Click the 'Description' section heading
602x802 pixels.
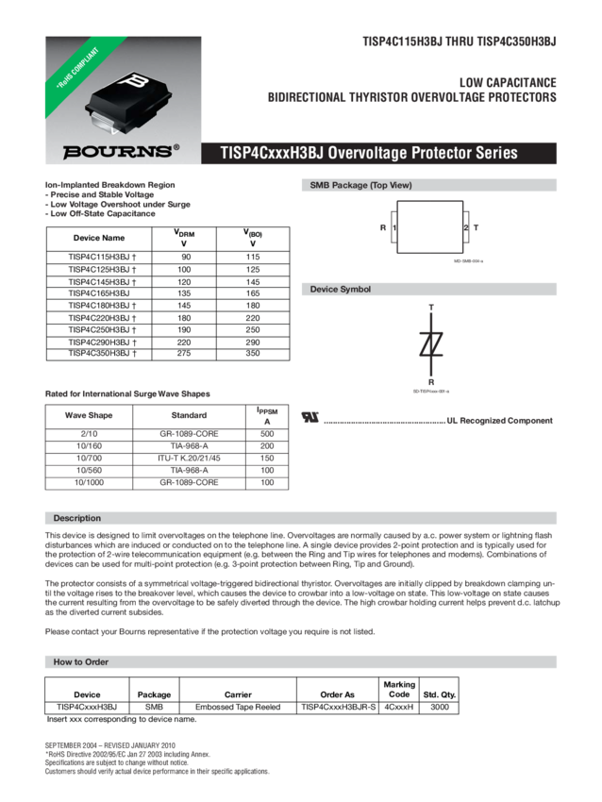77,518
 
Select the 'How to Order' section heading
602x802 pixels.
81,662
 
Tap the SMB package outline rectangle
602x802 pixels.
429,226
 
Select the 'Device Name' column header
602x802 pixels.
100,239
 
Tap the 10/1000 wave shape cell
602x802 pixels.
89,481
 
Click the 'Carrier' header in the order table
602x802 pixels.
238,693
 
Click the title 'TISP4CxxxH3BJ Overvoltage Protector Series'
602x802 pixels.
368,153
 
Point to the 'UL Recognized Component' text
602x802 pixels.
499,420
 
